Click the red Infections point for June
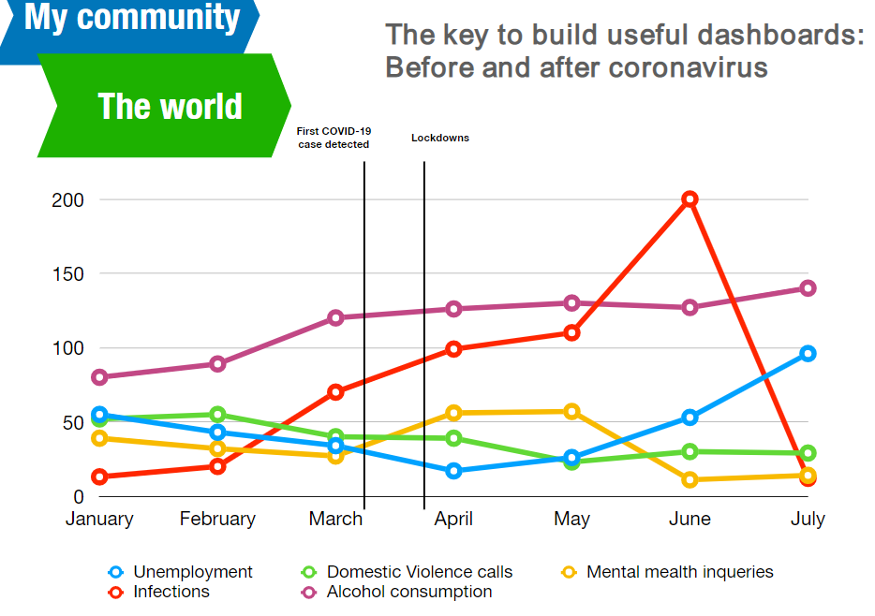click(690, 198)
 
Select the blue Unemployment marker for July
click(808, 353)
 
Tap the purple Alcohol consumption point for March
click(335, 317)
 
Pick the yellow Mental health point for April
click(454, 413)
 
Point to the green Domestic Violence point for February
click(217, 414)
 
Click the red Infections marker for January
click(100, 477)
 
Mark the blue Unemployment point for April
click(454, 470)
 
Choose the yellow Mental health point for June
click(690, 479)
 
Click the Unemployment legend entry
click(192, 572)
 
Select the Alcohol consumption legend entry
click(408, 592)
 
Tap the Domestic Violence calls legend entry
click(419, 572)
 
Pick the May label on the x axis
click(571, 519)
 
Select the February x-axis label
click(217, 519)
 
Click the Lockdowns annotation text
click(440, 138)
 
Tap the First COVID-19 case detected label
click(334, 138)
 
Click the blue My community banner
click(131, 19)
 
